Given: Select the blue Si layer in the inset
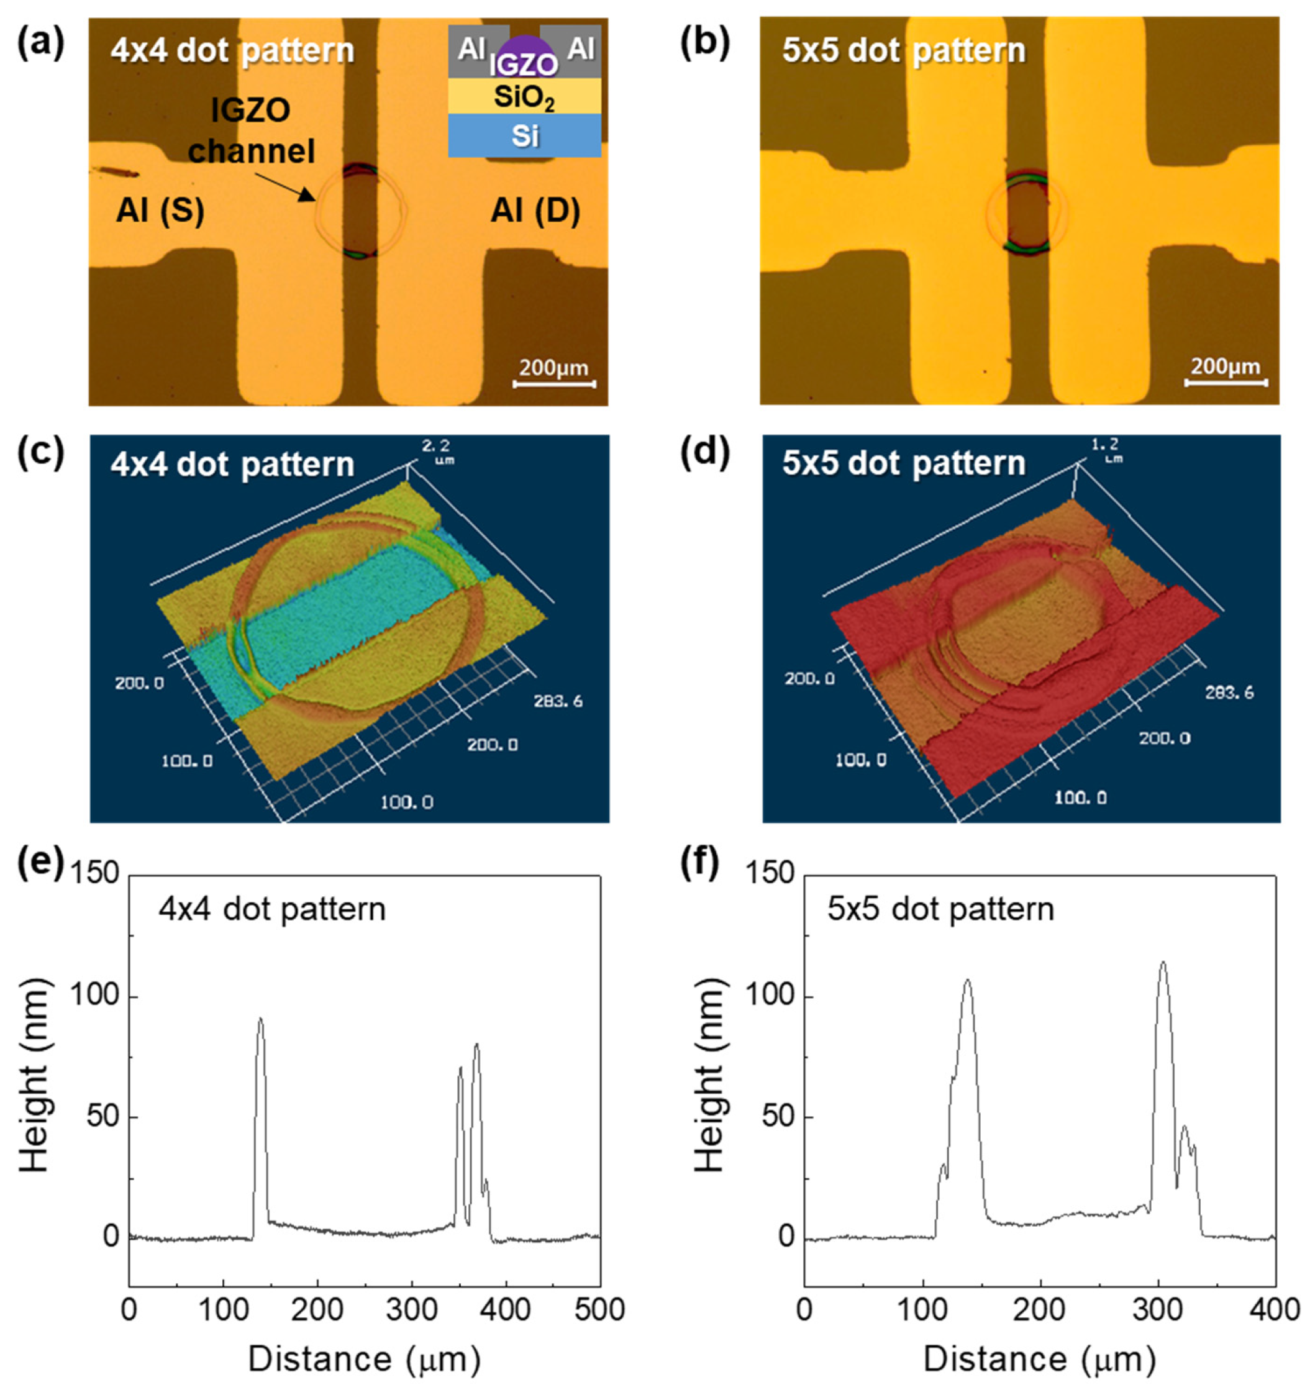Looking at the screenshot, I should tap(524, 135).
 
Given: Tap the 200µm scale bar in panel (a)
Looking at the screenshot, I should tap(553, 383).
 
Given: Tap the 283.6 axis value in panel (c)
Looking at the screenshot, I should tap(558, 701).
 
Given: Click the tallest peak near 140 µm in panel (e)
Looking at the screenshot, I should tap(260, 1020).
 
